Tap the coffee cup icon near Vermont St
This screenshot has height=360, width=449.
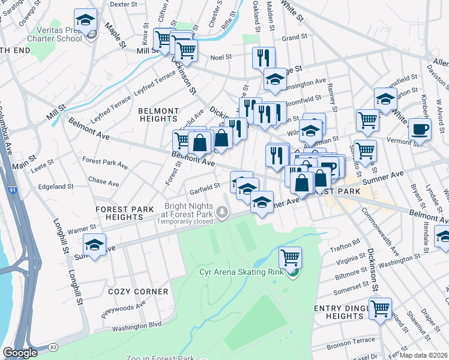(420, 128)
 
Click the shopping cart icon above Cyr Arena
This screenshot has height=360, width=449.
(290, 257)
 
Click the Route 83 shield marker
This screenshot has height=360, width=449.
(53, 347)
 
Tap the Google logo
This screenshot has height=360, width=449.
(20, 353)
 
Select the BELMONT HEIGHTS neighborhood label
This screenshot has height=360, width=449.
(158, 115)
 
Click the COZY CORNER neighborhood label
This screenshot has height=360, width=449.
(138, 292)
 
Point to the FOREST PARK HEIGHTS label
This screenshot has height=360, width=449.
(126, 213)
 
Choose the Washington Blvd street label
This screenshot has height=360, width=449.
(136, 328)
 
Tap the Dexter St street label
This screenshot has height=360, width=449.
(124, 4)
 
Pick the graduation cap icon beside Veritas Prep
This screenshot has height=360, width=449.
(85, 20)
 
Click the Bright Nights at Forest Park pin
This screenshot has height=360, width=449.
(223, 211)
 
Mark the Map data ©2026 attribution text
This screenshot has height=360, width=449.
(423, 353)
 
